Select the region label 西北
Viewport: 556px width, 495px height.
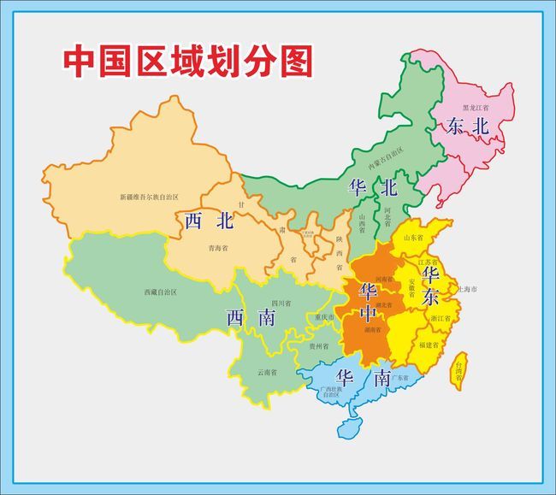tap(210, 221)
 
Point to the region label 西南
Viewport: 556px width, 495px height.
tap(251, 318)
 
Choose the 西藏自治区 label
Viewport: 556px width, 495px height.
tap(160, 292)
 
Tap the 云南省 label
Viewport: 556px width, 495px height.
tap(267, 372)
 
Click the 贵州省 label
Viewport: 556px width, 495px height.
tap(318, 346)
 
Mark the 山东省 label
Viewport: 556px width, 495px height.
tap(413, 238)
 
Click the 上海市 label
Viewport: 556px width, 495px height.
tap(468, 290)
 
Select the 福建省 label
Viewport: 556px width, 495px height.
tap(429, 345)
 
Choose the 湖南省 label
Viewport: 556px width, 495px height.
tap(372, 327)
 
